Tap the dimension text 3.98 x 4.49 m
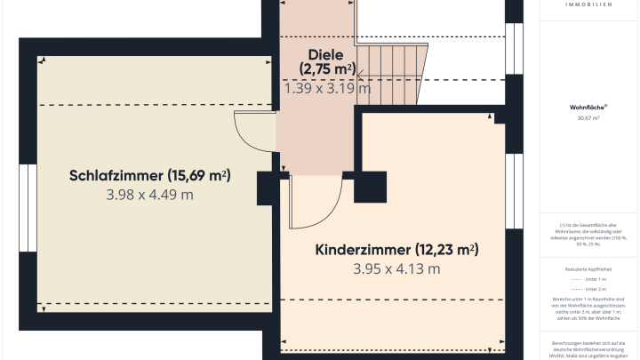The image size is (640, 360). point(149,195)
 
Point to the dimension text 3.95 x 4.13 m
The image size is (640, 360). point(396,268)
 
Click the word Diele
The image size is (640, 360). point(327,53)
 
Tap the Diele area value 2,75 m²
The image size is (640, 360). point(327,69)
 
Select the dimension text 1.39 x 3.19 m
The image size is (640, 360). point(327,87)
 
